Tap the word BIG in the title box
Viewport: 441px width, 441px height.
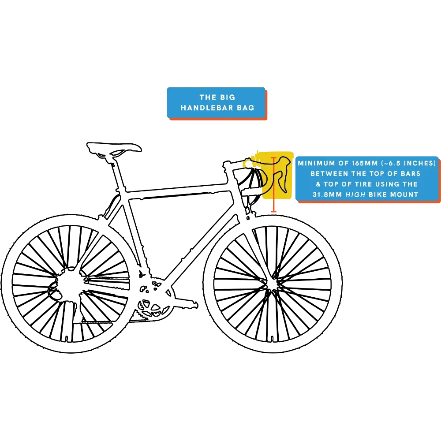pyautogui.click(x=228, y=97)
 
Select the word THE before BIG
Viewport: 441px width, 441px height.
pyautogui.click(x=207, y=97)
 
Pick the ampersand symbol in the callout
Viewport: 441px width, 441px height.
pyautogui.click(x=318, y=184)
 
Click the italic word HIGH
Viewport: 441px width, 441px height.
pyautogui.click(x=356, y=194)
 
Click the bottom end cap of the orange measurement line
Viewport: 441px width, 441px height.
pyautogui.click(x=274, y=212)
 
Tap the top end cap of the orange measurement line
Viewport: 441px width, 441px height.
pyautogui.click(x=274, y=157)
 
